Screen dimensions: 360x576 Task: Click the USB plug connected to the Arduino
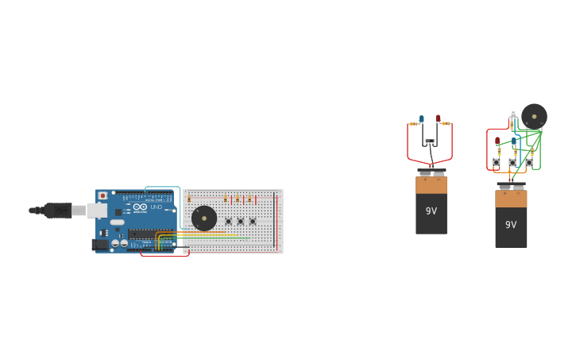(x=60, y=211)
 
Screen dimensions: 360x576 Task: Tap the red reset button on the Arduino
(x=102, y=195)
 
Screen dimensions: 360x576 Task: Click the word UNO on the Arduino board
(x=157, y=207)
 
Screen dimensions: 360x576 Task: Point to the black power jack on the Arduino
(x=99, y=245)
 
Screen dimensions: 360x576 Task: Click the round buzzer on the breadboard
(x=204, y=218)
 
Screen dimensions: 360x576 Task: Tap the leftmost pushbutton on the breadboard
(x=228, y=221)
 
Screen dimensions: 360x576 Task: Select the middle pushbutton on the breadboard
(x=240, y=221)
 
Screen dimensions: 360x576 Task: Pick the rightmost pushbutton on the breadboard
(x=253, y=221)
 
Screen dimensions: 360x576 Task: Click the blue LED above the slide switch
(x=421, y=119)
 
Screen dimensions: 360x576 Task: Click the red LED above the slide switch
(x=438, y=119)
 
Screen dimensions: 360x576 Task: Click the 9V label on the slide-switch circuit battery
(x=431, y=211)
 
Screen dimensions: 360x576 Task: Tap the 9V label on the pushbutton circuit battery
(x=511, y=225)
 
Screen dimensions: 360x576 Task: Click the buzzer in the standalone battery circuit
(x=534, y=117)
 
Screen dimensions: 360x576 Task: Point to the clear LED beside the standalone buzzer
(x=513, y=114)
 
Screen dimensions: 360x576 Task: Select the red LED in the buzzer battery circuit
(x=498, y=141)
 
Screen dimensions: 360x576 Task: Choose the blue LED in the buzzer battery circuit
(x=514, y=141)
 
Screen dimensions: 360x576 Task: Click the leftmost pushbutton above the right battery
(x=497, y=162)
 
